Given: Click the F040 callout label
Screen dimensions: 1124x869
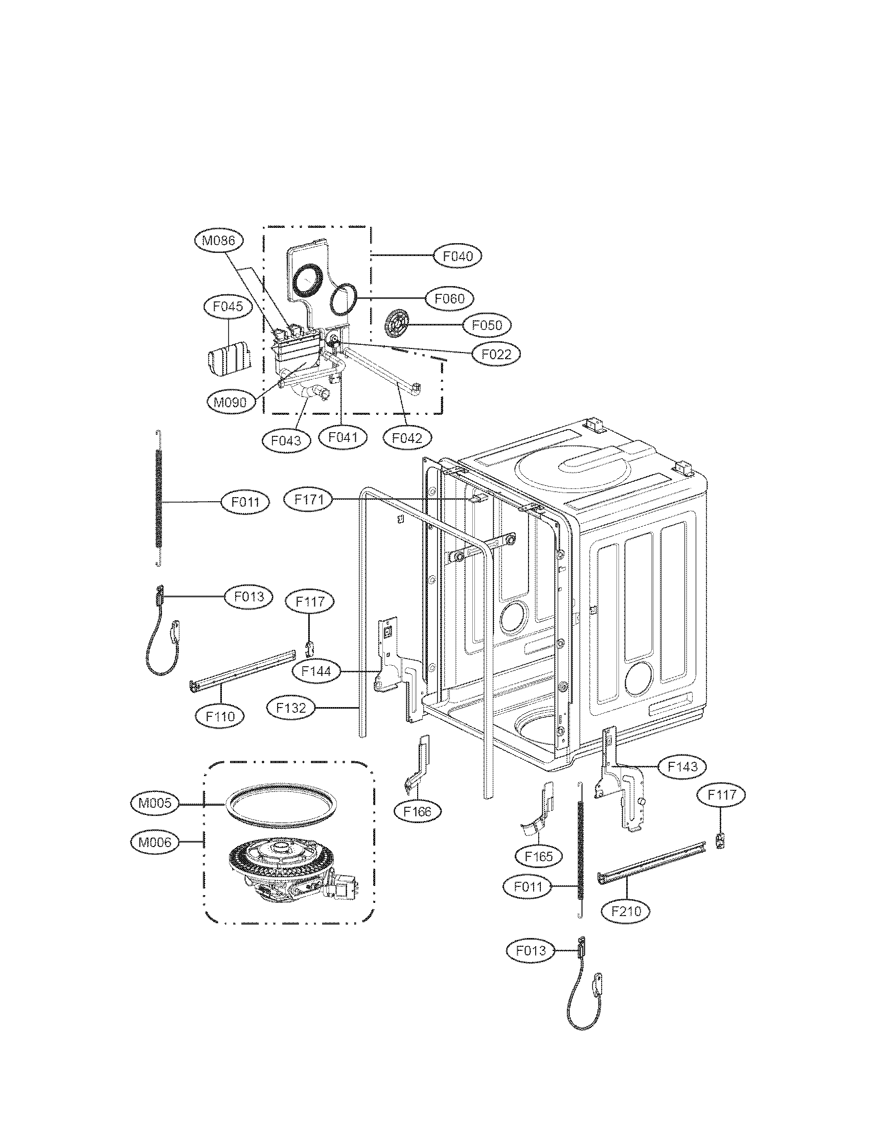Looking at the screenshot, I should click(458, 256).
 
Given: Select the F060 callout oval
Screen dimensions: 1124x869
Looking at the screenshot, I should click(450, 298).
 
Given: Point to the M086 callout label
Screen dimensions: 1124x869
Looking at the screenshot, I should click(219, 240).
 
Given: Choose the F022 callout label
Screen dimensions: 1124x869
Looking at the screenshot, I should click(496, 354).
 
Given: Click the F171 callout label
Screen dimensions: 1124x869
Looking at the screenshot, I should click(308, 499).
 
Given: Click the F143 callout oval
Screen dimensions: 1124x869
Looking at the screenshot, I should click(682, 781).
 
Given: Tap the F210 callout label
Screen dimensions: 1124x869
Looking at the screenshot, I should click(626, 911).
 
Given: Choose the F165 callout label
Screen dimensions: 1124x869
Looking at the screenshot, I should click(538, 856).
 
